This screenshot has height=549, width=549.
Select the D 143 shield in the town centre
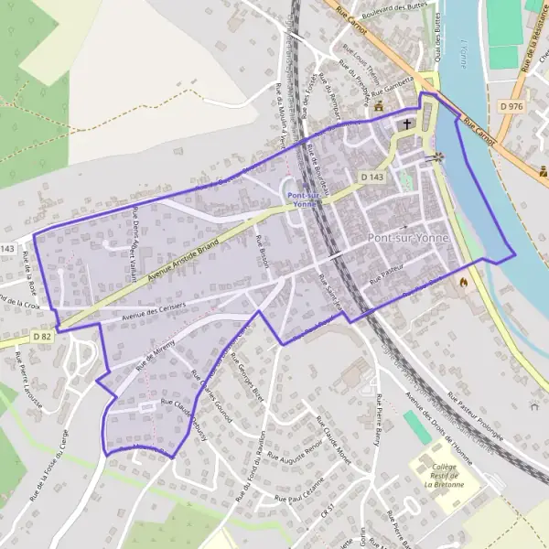pyautogui.click(x=371, y=176)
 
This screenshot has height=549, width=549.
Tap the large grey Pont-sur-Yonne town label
pyautogui.click(x=409, y=238)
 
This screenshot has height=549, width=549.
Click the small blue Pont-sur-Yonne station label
pyautogui.click(x=307, y=200)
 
